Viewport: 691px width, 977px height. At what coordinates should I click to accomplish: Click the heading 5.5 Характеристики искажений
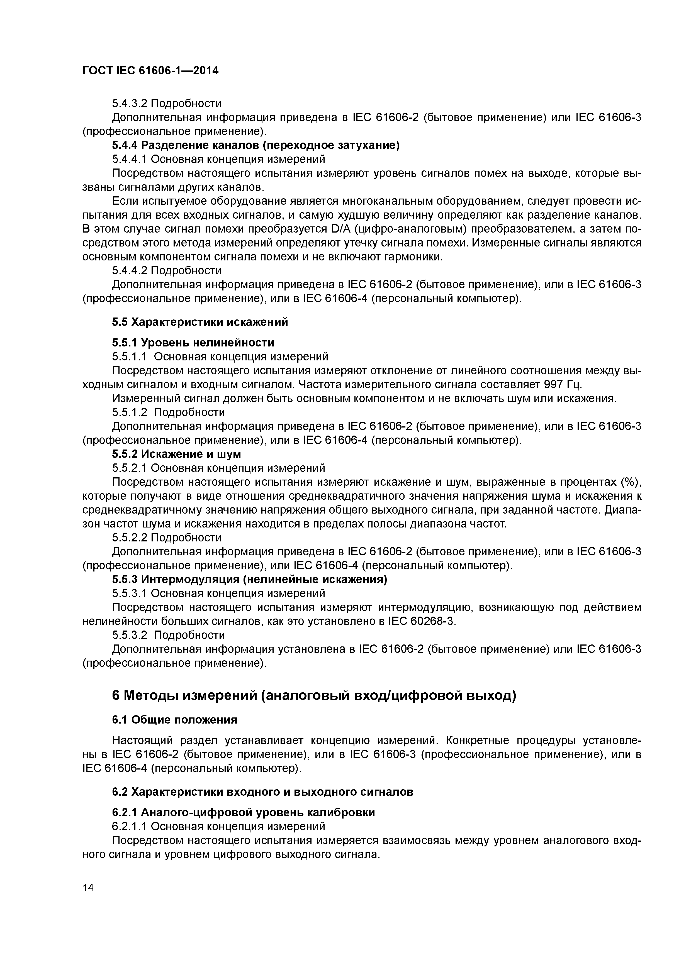tap(200, 322)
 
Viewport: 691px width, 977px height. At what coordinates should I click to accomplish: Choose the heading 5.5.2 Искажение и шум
tap(177, 454)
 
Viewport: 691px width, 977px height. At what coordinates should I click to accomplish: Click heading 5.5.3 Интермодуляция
tap(249, 580)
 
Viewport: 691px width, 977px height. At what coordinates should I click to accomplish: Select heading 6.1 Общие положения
tap(174, 720)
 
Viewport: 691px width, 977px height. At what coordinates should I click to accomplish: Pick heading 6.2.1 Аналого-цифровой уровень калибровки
tap(244, 812)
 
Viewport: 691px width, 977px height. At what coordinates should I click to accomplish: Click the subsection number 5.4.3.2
tap(130, 103)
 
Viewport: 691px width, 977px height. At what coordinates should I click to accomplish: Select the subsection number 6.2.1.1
tap(130, 826)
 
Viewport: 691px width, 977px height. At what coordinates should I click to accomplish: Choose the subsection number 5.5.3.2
tap(130, 635)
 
